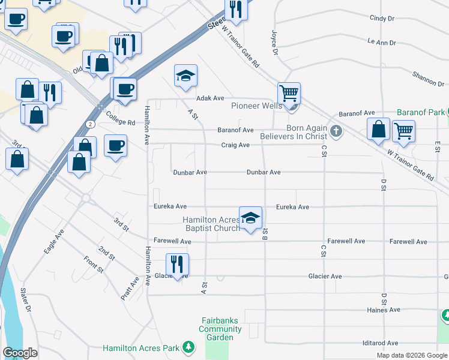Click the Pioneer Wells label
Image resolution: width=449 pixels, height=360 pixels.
click(x=256, y=106)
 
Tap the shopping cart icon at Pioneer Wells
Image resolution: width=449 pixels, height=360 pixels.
click(x=289, y=94)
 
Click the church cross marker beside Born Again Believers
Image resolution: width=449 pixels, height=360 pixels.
click(x=337, y=131)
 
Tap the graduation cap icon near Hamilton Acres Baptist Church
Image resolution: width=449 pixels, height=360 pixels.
click(x=250, y=218)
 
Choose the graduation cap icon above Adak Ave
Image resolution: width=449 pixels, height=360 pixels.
click(x=185, y=76)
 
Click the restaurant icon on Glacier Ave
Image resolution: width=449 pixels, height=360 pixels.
click(x=178, y=265)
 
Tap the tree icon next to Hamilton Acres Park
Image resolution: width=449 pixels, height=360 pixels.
click(x=188, y=347)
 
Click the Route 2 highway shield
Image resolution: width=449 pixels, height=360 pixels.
click(x=89, y=124)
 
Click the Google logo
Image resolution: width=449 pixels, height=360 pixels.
click(x=20, y=353)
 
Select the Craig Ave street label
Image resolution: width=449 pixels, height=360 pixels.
click(x=235, y=145)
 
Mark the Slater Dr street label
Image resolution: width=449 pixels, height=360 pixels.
click(x=25, y=298)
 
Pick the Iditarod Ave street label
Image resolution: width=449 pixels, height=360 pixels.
click(x=380, y=343)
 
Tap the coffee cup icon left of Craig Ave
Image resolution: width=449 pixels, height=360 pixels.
click(x=115, y=145)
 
